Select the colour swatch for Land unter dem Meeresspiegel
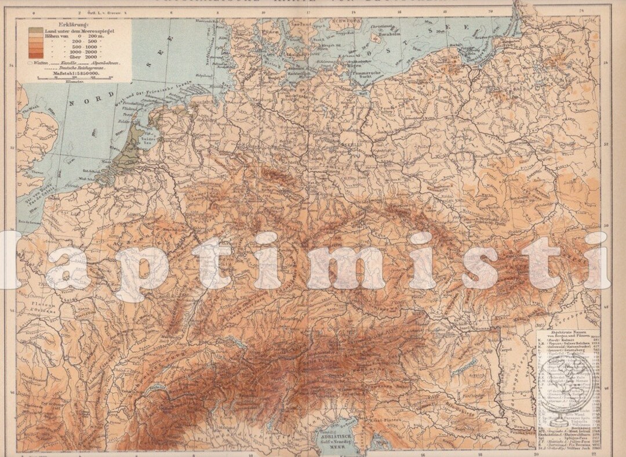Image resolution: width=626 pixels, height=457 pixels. (36, 31)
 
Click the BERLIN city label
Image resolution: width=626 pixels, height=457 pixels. (351, 143)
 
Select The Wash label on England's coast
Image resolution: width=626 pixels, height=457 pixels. (27, 111)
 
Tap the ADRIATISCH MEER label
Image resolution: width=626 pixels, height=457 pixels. (334, 435)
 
